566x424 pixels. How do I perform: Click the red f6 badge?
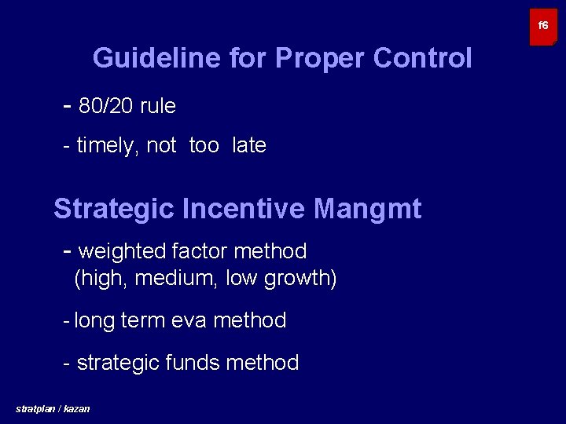pos(542,27)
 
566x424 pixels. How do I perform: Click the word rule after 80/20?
pos(158,107)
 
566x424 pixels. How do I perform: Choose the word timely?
pos(108,146)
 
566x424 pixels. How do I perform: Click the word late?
pos(249,146)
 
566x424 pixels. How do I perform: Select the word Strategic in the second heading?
pos(114,210)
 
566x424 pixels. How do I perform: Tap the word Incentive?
pos(244,210)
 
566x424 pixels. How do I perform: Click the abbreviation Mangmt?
pos(367,210)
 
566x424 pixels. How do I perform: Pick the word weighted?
pos(123,252)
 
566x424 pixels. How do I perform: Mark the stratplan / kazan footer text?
pos(53,409)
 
